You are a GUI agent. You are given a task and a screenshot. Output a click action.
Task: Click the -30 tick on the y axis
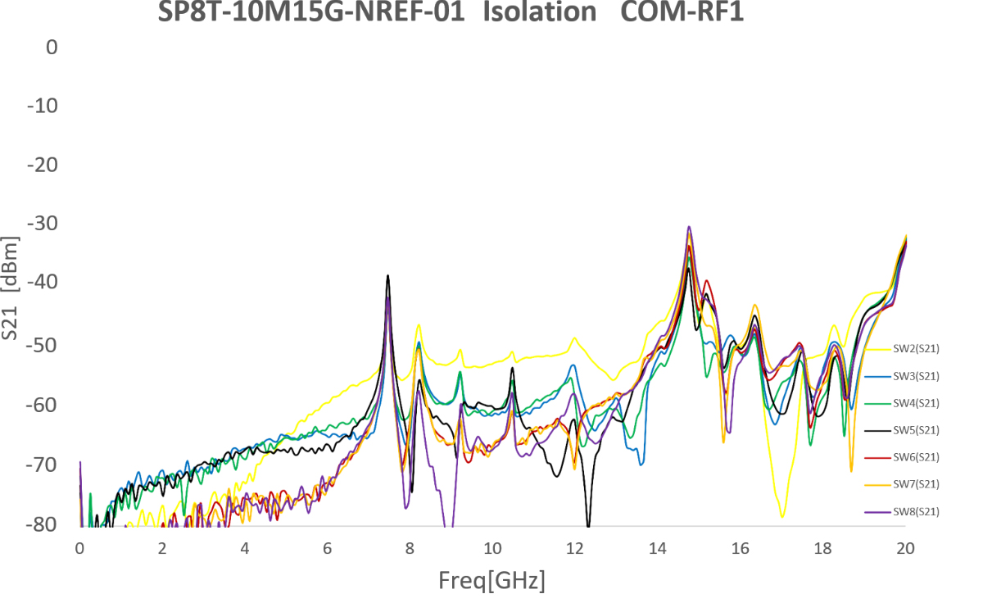tap(43, 224)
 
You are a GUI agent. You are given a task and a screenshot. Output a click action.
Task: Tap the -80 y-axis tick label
tap(42, 524)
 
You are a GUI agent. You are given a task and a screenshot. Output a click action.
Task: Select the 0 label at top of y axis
tap(52, 47)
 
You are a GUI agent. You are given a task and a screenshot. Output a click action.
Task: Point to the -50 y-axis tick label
tap(42, 346)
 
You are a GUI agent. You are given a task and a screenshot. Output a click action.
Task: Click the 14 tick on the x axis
tap(657, 548)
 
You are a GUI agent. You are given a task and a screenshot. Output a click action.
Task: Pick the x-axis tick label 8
tap(410, 548)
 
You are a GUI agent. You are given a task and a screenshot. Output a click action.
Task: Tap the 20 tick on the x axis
tap(905, 548)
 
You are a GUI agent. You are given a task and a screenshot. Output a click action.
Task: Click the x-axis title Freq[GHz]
tap(492, 581)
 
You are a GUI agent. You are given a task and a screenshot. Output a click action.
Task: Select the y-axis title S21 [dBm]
tap(10, 288)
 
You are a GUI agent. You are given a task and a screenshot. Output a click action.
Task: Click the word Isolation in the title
tap(540, 11)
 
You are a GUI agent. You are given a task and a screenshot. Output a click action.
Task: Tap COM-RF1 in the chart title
tap(682, 11)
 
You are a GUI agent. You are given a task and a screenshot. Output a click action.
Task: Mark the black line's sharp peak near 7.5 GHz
tap(388, 275)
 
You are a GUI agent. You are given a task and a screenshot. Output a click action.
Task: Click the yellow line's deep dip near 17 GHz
tap(782, 516)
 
